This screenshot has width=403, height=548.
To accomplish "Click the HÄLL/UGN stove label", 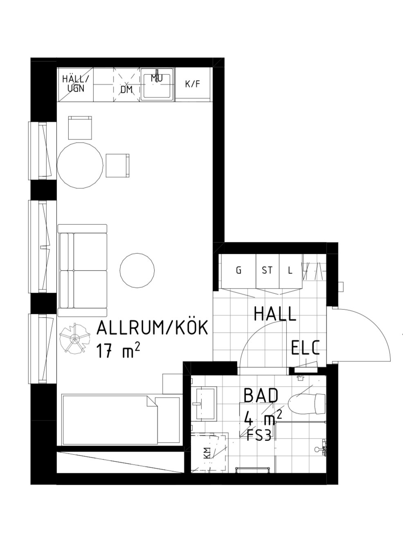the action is tap(76, 84).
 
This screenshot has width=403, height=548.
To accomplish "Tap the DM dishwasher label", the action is tap(127, 90).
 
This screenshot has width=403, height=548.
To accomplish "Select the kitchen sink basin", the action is tap(157, 85).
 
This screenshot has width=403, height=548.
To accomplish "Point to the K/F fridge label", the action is tap(193, 84).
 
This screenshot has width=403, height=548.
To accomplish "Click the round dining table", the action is tap(80, 166).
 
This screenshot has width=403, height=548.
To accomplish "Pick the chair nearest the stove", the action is tap(80, 128).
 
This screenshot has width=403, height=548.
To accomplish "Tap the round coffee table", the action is tap(137, 271).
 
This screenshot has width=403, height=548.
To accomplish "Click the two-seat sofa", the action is tap(83, 271).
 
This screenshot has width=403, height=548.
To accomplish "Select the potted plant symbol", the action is tap(75, 339).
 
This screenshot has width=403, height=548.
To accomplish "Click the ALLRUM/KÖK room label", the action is tap(152, 328).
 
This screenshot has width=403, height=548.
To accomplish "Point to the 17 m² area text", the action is tap(118, 351).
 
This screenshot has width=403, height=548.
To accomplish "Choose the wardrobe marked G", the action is tap(239, 271).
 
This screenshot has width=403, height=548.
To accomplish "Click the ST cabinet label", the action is tap(267, 271).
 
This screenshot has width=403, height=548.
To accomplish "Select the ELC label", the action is tap(306, 347).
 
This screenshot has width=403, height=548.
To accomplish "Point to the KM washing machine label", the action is tap(207, 453).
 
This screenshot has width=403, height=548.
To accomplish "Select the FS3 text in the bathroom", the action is tap(259, 436).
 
